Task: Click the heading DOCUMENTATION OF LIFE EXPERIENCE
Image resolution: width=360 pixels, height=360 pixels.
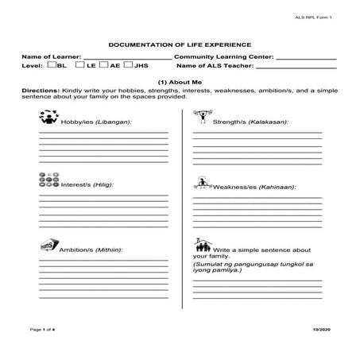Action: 180,46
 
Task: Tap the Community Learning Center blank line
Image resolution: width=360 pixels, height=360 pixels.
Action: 306,59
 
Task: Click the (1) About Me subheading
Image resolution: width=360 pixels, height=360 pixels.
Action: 180,83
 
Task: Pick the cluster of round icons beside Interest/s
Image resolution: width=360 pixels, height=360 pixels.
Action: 48,181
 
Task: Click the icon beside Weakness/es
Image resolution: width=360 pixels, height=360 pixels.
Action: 203,183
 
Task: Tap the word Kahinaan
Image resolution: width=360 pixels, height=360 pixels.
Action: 279,187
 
